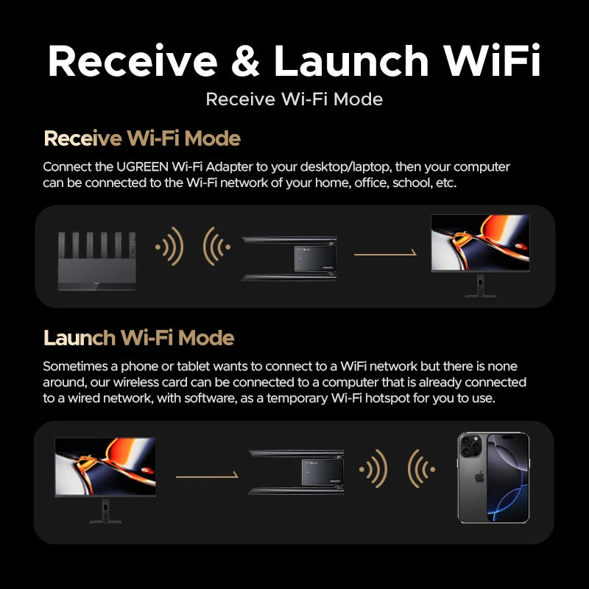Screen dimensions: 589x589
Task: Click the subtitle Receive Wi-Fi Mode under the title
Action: [x=294, y=99]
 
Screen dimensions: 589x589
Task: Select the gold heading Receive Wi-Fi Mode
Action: [x=142, y=138]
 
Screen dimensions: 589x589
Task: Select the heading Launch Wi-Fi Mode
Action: [x=138, y=338]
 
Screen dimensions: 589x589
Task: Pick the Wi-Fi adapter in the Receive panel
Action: [x=289, y=258]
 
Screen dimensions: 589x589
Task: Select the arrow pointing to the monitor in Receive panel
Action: [x=385, y=254]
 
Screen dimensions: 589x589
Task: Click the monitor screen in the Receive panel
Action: [x=479, y=243]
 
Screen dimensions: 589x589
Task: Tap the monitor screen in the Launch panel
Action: [x=105, y=466]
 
